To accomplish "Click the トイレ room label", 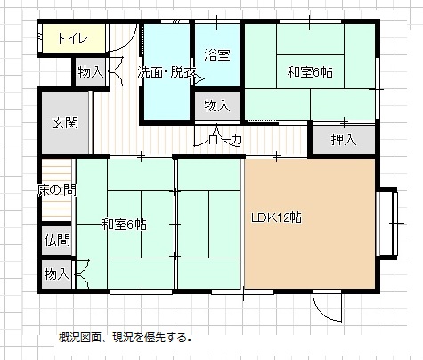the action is (73, 38).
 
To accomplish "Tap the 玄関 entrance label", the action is (65, 123).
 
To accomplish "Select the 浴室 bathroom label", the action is (217, 55).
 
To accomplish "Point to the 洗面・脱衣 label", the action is (167, 72).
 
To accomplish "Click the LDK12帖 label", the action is (277, 217).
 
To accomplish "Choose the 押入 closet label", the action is (344, 139).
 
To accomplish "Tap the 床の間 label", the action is (57, 191).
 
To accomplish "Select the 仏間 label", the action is (57, 240).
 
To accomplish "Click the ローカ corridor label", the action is (224, 140).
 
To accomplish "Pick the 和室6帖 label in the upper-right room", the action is (310, 72).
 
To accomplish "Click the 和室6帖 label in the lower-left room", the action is (124, 225).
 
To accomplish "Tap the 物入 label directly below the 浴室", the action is (217, 106).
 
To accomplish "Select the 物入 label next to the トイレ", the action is (91, 72).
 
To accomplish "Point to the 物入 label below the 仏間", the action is (57, 274).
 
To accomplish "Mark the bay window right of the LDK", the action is (387, 224).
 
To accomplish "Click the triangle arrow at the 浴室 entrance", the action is (199, 79).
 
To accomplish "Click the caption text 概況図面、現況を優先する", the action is (125, 338).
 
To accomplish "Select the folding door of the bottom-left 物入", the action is (83, 274).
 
